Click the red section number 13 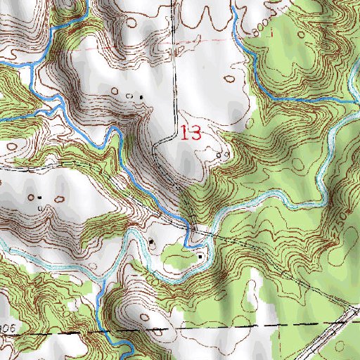tap(191, 133)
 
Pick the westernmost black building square tap(38, 197)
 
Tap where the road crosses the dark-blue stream tap(190, 226)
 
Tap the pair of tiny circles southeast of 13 tap(224, 154)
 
